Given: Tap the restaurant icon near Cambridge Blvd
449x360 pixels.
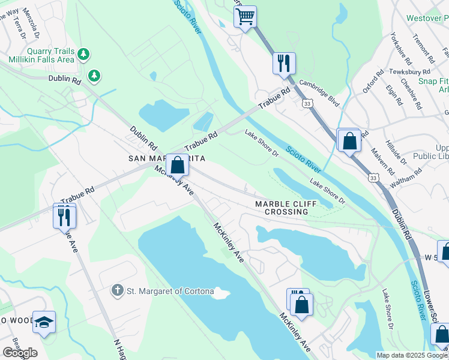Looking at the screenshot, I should click(x=284, y=62).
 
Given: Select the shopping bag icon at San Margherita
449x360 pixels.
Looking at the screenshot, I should click(x=177, y=164).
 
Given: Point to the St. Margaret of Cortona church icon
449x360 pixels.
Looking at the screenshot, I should click(x=118, y=291).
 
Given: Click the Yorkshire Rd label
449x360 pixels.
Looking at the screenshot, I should click(x=400, y=49).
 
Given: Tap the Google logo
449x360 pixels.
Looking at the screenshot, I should click(x=20, y=352).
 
